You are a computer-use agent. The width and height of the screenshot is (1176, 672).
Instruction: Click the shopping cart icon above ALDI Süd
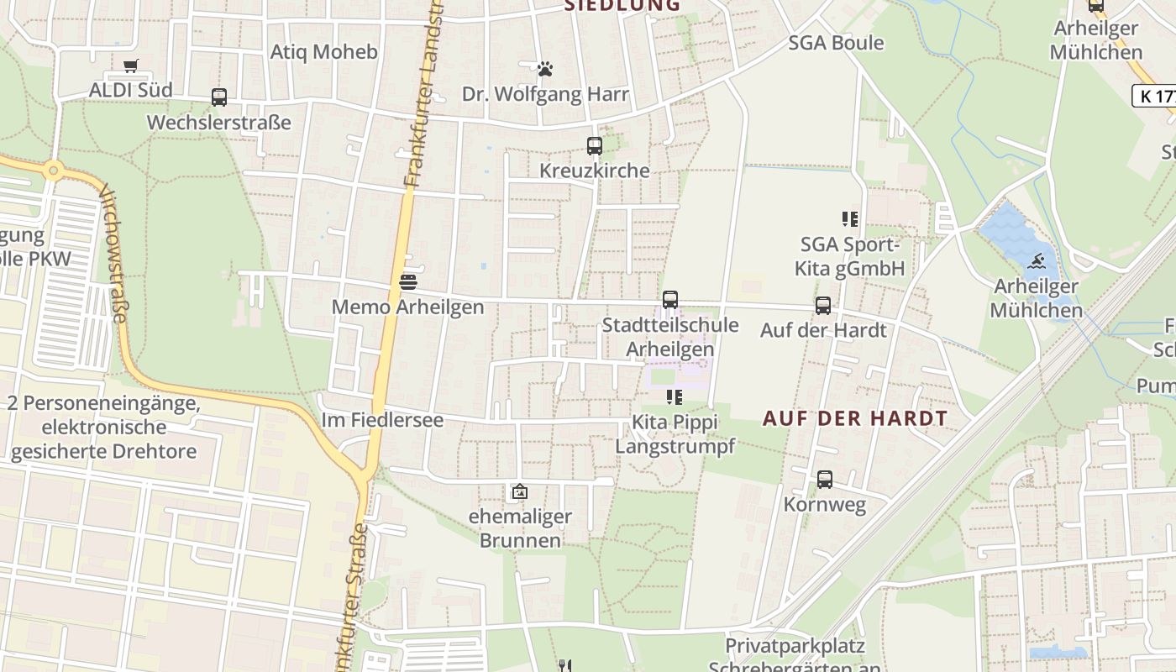click(130, 66)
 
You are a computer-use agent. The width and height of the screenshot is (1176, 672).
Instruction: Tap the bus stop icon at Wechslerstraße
click(219, 97)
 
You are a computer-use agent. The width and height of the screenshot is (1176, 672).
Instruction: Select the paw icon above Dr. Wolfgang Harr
click(545, 68)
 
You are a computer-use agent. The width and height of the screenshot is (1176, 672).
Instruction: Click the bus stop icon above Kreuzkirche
click(595, 146)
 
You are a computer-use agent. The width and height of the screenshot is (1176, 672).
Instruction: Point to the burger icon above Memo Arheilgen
click(408, 281)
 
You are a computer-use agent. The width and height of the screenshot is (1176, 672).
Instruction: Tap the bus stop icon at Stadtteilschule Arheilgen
click(669, 300)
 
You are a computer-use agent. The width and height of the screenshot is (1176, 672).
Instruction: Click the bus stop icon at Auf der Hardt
click(823, 306)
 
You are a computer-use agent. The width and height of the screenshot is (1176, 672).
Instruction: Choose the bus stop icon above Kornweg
click(825, 480)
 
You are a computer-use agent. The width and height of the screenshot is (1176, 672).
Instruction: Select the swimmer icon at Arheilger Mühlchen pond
click(1036, 260)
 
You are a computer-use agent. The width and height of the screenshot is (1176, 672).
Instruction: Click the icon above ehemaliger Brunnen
click(520, 491)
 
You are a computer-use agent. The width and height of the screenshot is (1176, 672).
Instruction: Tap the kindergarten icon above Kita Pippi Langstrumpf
click(674, 396)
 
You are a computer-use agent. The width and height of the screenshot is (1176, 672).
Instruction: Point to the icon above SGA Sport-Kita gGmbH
click(850, 219)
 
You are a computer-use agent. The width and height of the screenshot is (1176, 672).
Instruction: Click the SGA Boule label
click(836, 43)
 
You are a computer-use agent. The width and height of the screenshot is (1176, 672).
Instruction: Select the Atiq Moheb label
click(323, 52)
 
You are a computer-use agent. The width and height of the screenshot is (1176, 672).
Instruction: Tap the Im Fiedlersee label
click(382, 419)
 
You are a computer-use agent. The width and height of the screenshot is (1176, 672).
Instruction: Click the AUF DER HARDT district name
click(855, 418)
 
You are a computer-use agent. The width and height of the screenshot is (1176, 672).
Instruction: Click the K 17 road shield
click(1155, 96)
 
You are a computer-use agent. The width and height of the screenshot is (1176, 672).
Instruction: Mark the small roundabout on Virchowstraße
click(54, 171)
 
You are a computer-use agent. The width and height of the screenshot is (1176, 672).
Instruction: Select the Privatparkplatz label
click(795, 647)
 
